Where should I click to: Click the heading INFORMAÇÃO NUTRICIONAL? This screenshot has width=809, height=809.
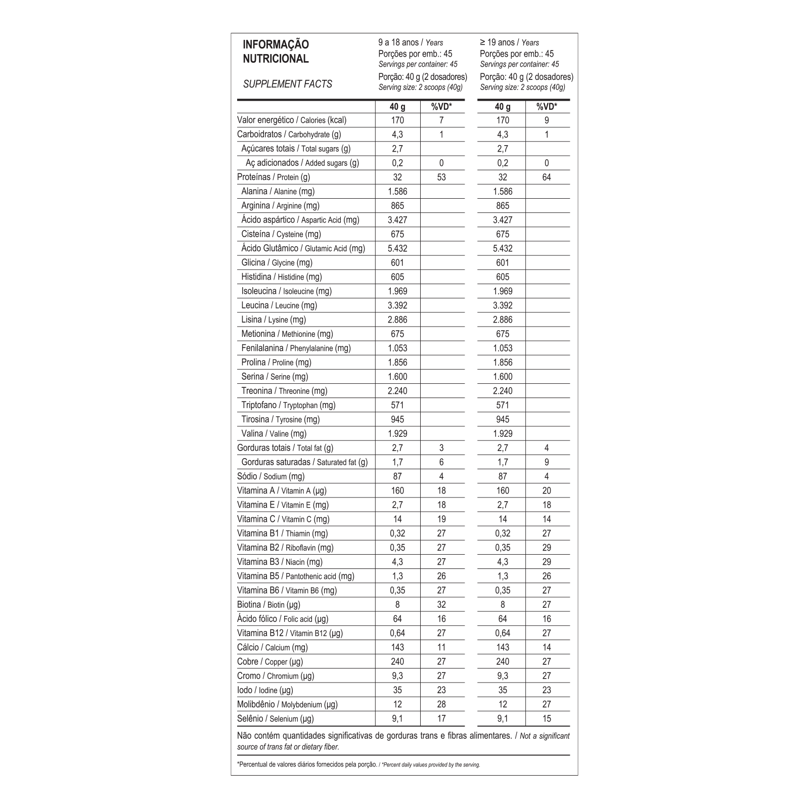tap(276, 52)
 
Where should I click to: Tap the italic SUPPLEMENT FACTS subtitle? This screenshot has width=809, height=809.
tap(287, 84)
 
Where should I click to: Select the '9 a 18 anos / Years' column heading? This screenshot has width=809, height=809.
tap(411, 42)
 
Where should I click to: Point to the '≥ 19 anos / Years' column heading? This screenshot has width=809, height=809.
tap(509, 42)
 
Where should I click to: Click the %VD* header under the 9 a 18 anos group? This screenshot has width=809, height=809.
tap(441, 107)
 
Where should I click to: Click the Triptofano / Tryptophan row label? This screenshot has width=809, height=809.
tap(288, 405)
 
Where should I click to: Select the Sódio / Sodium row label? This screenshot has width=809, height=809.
tap(271, 476)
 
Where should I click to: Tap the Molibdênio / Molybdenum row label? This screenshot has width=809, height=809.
tap(287, 704)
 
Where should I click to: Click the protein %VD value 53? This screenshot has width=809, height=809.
tap(441, 177)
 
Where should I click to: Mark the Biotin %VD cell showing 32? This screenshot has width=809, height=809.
tap(441, 605)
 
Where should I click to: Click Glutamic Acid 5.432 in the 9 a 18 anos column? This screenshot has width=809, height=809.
tap(397, 248)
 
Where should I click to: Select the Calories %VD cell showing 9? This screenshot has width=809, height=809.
tap(547, 120)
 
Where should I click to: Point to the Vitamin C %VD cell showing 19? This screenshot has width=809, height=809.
tap(441, 519)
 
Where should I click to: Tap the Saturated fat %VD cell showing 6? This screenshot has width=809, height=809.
tap(441, 462)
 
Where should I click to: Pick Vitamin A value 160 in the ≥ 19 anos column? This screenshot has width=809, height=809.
tap(503, 490)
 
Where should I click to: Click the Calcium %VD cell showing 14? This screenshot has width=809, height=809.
tap(547, 647)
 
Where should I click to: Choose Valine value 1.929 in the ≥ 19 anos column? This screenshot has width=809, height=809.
tap(503, 434)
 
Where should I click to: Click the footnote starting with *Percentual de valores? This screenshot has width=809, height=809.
tap(358, 765)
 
